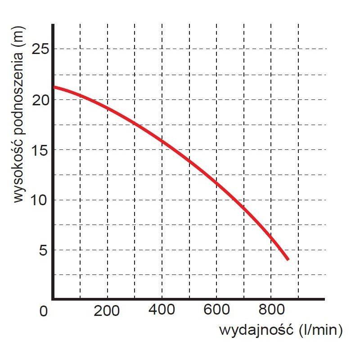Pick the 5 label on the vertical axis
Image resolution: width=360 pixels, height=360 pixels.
click(x=44, y=250)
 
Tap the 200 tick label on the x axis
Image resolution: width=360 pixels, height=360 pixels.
click(x=108, y=310)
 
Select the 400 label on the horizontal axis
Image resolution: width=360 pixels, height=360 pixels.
click(x=162, y=310)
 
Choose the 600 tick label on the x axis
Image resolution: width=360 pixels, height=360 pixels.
click(x=216, y=310)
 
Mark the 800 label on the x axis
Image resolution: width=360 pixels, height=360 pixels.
click(x=271, y=310)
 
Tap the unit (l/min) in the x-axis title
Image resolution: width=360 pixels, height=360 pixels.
click(x=320, y=331)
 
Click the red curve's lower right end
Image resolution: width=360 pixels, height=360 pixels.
click(x=288, y=259)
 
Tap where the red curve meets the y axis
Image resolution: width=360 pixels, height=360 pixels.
click(x=54, y=87)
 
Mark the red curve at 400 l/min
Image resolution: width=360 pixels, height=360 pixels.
click(x=162, y=142)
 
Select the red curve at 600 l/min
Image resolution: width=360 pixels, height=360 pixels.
click(x=216, y=182)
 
